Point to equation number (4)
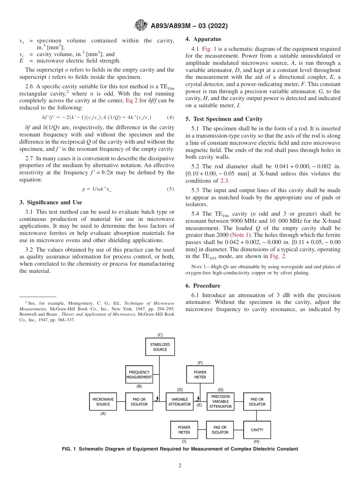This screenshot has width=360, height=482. point(171,117)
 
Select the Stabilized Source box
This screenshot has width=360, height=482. point(160,347)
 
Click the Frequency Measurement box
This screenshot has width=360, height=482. point(139,375)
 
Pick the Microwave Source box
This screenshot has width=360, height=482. point(103,402)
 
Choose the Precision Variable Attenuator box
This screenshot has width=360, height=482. point(221,402)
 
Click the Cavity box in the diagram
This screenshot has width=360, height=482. point(257,430)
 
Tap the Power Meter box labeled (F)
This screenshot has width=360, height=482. point(200,375)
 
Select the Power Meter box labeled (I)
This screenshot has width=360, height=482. point(184,430)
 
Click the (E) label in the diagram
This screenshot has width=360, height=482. point(199,405)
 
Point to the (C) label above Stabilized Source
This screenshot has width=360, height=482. point(160,335)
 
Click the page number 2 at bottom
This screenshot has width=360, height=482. point(180,466)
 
